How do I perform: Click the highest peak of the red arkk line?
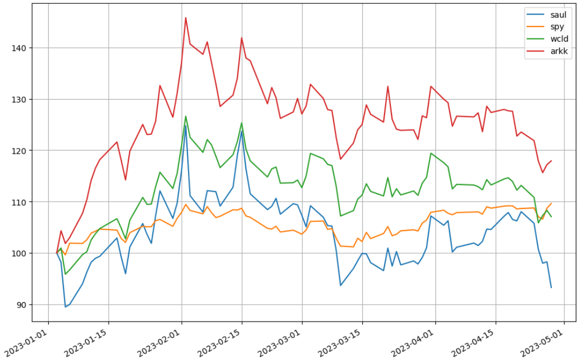(186, 17)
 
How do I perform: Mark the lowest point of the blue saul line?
(66, 307)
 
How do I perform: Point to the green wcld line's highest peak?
(186, 116)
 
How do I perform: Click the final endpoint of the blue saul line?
(551, 287)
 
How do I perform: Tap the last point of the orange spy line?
(551, 204)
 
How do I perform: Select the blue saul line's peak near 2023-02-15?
(242, 131)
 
